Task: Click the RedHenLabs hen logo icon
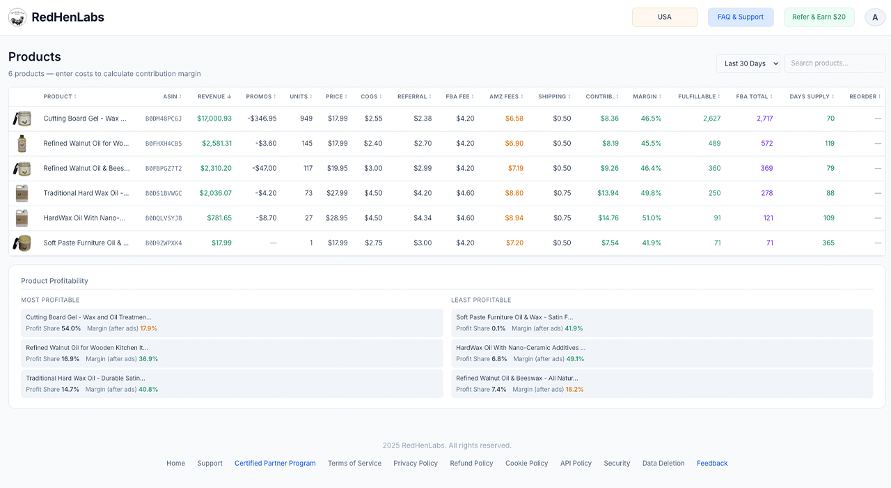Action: [x=17, y=17]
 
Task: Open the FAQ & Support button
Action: [x=740, y=17]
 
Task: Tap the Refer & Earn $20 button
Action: [x=819, y=17]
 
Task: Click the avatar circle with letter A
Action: [x=875, y=17]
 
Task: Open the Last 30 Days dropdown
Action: [x=748, y=63]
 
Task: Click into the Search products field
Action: [x=835, y=63]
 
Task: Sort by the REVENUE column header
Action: [x=214, y=96]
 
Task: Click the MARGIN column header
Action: [x=647, y=96]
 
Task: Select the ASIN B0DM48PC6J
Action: [x=164, y=119]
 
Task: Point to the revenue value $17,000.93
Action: [x=214, y=119]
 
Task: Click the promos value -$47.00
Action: [x=264, y=168]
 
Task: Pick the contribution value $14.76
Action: [x=608, y=218]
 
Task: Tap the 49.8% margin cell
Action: [x=651, y=193]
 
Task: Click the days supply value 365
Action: [x=828, y=243]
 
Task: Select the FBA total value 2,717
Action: [x=764, y=119]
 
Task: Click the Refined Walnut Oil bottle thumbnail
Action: [x=22, y=144]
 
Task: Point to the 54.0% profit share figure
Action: [x=71, y=328]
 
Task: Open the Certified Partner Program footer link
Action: [x=275, y=463]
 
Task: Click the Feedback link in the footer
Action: [x=712, y=463]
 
